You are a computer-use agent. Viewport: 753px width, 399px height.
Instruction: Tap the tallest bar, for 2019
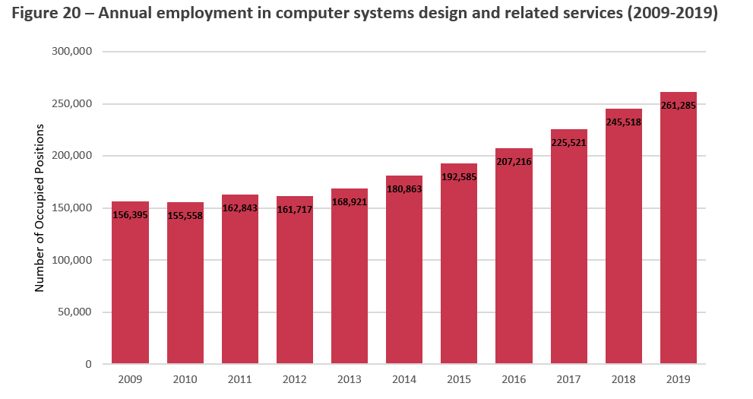[679, 243]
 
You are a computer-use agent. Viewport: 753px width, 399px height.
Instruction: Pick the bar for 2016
[514, 266]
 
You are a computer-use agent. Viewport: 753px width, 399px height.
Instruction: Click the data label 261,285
[679, 106]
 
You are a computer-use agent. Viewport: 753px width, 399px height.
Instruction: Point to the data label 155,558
[185, 215]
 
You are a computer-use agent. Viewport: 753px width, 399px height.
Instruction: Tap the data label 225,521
[568, 142]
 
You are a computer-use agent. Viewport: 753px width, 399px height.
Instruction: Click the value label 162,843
[239, 207]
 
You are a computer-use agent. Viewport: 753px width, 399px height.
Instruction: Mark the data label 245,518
[623, 122]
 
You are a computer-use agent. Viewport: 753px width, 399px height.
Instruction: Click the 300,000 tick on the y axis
[71, 52]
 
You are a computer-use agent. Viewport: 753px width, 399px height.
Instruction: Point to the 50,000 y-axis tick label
[74, 312]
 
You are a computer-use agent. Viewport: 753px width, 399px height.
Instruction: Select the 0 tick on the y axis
[88, 365]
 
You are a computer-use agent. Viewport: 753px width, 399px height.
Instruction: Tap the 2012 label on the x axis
[294, 379]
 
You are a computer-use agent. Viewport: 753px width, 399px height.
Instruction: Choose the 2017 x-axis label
[568, 379]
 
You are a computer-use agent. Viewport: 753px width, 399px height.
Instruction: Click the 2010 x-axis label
[185, 379]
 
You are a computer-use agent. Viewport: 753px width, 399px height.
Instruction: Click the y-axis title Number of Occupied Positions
[40, 207]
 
